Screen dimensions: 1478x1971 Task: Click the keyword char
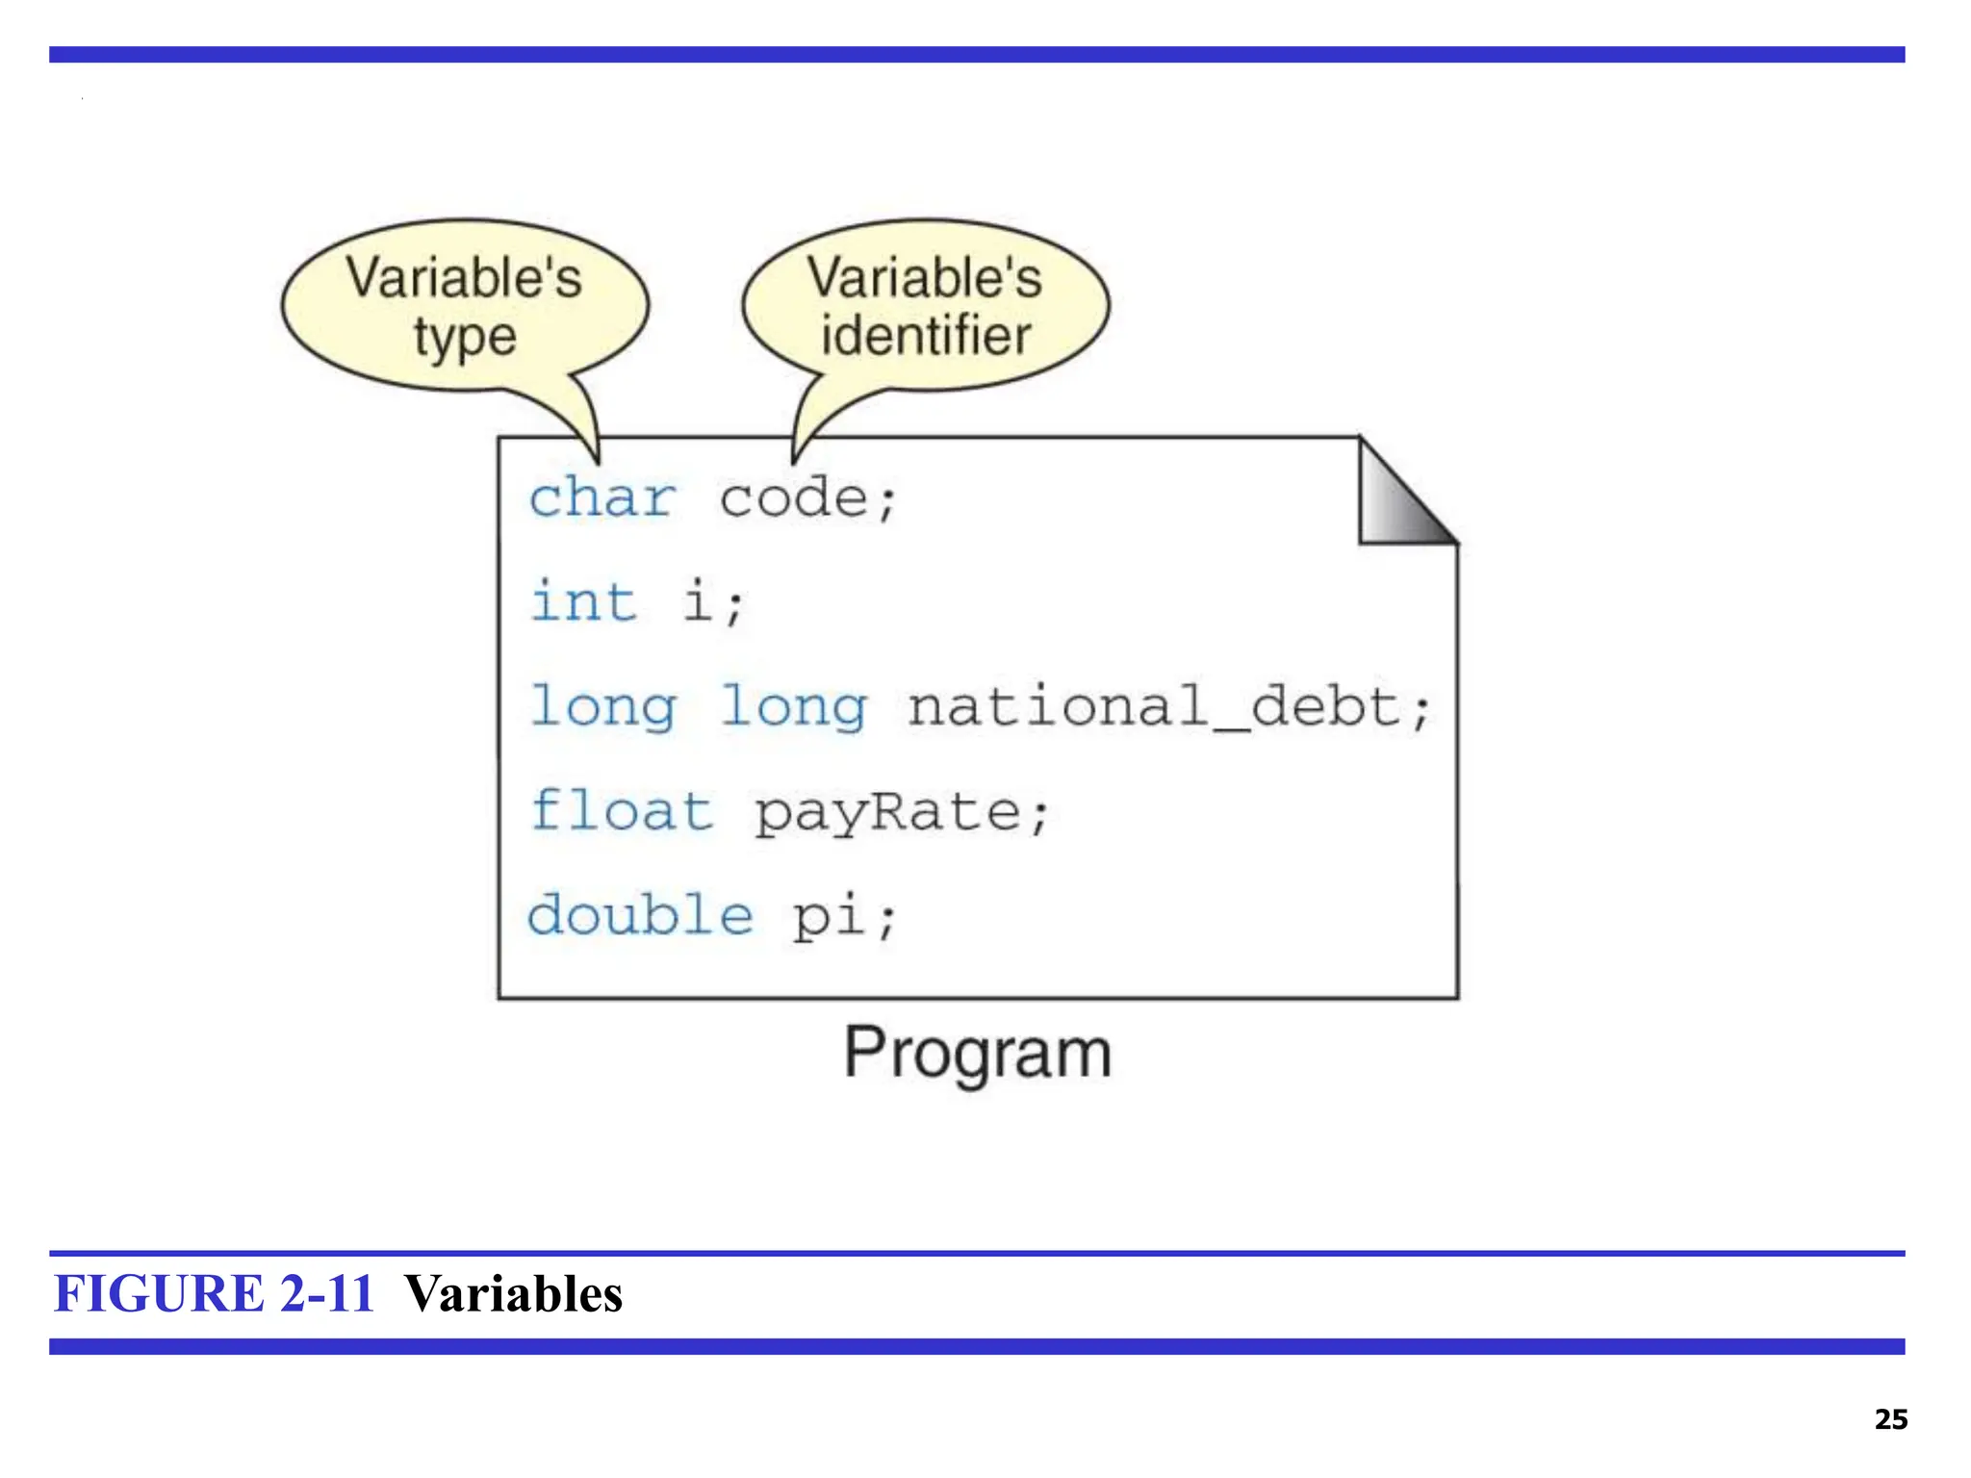point(602,498)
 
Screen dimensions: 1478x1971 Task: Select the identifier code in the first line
point(793,498)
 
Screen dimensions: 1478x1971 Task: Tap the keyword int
point(583,602)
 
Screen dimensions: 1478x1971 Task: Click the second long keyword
point(793,707)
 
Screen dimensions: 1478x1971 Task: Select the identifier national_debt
point(1155,707)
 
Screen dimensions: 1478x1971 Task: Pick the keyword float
point(621,811)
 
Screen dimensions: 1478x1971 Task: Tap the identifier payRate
point(887,813)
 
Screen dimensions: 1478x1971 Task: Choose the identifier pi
point(831,916)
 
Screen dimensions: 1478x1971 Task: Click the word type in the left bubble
point(465,338)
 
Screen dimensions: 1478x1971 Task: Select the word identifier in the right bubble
point(926,336)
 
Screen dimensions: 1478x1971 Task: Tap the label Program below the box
point(977,1054)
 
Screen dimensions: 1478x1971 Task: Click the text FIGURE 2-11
point(214,1293)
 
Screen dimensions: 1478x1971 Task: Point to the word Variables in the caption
point(513,1293)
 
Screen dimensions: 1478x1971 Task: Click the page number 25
point(1890,1419)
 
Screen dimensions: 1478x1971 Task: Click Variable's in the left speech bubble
point(464,278)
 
